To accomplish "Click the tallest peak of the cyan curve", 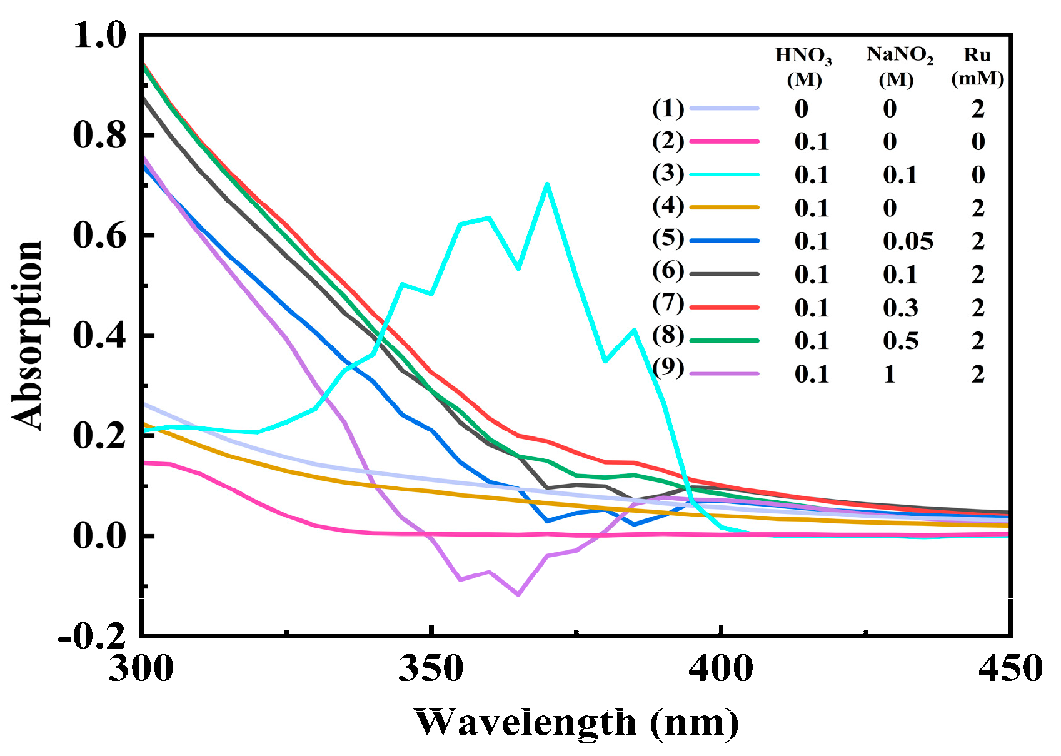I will point(547,184).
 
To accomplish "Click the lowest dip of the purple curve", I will point(518,594).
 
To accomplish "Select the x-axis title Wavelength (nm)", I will point(576,723).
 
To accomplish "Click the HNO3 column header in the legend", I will point(803,66).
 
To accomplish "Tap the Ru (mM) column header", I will point(977,66).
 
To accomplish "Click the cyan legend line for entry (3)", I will point(724,174).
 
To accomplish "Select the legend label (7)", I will point(668,303).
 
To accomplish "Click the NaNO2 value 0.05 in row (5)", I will point(908,241).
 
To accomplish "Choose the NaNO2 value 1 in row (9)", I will point(890,374).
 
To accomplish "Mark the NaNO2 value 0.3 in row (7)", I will point(900,308).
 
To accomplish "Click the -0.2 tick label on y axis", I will point(92,637).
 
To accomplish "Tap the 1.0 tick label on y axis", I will point(100,35).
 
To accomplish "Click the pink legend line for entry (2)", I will point(724,142).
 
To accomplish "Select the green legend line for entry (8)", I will point(724,340).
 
